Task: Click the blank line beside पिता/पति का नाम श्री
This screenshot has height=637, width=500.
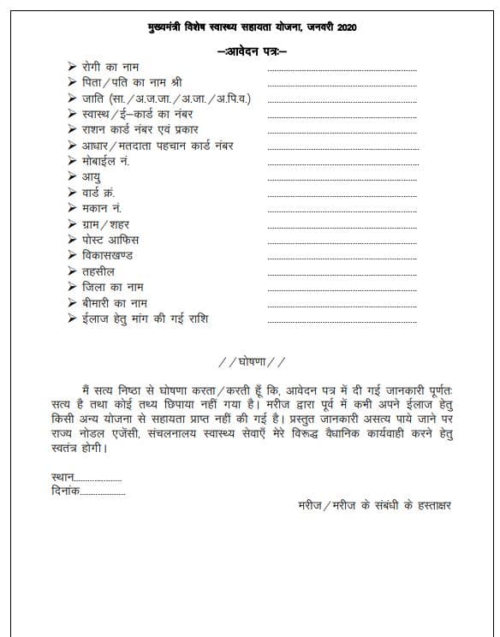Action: click(x=342, y=86)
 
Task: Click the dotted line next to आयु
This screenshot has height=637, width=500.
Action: click(x=342, y=181)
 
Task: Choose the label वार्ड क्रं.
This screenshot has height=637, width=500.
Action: click(x=98, y=193)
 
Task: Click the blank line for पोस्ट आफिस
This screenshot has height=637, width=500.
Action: click(x=342, y=244)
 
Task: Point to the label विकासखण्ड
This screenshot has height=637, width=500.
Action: click(x=108, y=256)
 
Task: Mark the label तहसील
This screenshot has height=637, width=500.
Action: click(x=98, y=271)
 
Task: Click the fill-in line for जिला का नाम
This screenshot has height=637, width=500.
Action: click(x=342, y=291)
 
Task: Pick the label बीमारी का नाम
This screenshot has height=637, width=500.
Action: click(x=116, y=303)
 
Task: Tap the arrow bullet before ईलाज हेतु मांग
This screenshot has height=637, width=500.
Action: click(x=72, y=319)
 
